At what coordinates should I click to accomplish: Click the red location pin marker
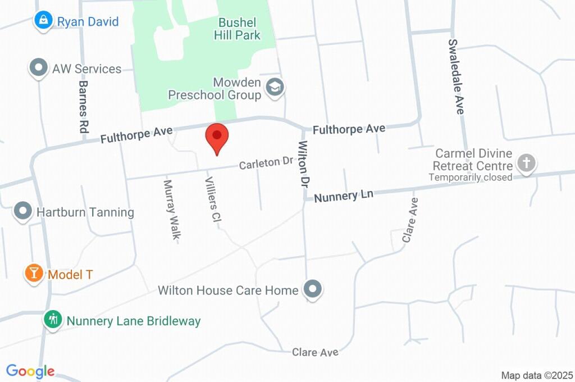pos(217,138)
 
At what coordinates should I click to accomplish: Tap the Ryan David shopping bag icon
pos(43,20)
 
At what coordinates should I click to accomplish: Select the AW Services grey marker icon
pos(38,68)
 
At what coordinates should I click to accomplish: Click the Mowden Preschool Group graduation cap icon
pos(275,88)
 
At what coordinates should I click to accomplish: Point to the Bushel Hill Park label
pos(237,29)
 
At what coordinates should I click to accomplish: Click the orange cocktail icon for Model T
pos(34,274)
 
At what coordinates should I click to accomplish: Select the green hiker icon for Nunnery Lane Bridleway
pos(53,320)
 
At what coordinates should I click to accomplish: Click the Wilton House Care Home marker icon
pos(313,289)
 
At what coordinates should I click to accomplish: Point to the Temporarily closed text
pos(471,178)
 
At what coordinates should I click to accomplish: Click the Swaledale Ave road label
pos(456,77)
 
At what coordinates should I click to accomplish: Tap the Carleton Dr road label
pos(267,163)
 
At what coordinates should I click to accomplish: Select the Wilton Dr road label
pos(304,165)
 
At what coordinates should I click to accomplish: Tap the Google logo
pos(30,371)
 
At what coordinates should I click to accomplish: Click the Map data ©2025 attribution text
pos(537,375)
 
